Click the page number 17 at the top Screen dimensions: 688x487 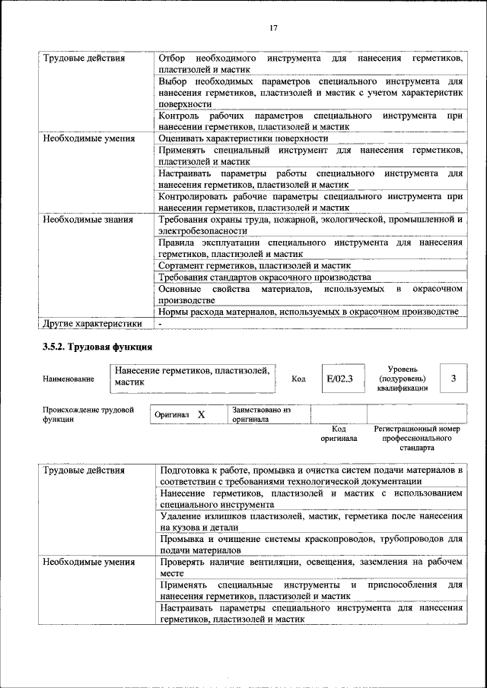click(272, 28)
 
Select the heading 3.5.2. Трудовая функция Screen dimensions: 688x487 click(97, 347)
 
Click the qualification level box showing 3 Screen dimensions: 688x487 click(454, 378)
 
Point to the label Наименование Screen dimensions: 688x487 click(68, 379)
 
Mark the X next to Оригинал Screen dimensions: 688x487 click(201, 415)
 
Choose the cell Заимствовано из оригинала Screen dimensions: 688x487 click(262, 414)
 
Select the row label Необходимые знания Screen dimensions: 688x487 click(88, 220)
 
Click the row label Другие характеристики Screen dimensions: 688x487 click(92, 323)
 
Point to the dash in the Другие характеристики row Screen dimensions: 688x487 click(161, 323)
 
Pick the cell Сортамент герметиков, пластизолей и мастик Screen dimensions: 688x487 click(254, 265)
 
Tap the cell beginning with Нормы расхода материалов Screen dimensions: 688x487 click(308, 311)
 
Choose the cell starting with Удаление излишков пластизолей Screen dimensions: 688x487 click(311, 521)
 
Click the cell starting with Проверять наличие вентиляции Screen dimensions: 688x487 click(311, 567)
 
